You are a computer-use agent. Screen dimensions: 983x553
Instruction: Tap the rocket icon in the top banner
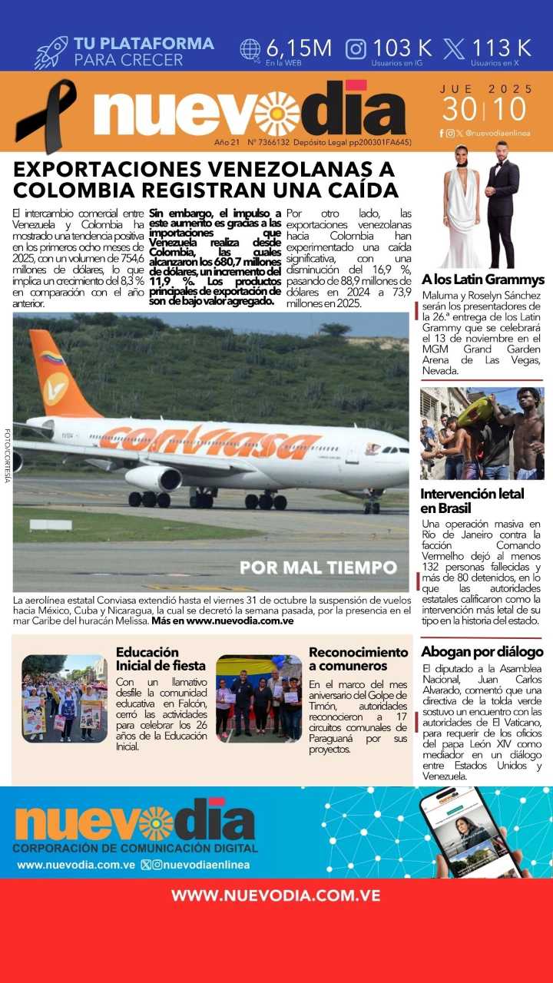(51, 52)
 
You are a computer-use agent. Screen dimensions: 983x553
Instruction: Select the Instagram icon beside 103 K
(356, 49)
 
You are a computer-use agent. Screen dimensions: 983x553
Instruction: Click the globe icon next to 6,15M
(250, 49)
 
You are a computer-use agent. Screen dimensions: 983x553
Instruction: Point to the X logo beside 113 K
(454, 49)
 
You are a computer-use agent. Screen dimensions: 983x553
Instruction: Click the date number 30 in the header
(459, 110)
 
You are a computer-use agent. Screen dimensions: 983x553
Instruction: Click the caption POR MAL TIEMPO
(318, 568)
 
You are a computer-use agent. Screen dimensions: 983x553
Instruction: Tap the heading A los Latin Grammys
(482, 280)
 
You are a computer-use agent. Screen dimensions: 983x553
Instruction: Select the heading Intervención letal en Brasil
(472, 501)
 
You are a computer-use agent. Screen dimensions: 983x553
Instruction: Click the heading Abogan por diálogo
(482, 651)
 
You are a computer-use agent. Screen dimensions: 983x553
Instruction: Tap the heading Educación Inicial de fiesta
(161, 659)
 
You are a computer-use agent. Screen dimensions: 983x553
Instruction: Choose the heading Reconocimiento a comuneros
(358, 659)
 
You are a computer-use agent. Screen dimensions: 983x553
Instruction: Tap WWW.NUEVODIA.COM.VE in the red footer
(276, 895)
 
